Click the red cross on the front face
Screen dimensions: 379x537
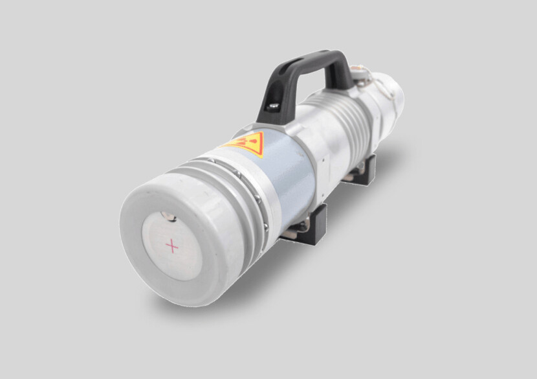point(172,246)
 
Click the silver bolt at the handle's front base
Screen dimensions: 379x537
point(274,106)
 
